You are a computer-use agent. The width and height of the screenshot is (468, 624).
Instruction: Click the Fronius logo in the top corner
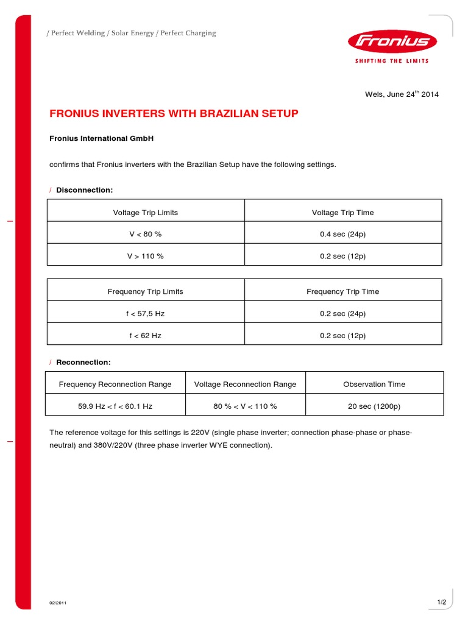pos(392,42)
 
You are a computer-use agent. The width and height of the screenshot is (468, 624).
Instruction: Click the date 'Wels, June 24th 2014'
pos(402,94)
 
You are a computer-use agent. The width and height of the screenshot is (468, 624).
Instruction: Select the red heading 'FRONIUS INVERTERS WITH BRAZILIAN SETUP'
pos(174,114)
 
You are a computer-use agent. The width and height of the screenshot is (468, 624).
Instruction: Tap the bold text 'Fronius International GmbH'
pos(101,138)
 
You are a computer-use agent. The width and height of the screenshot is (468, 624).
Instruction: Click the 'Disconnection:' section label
pos(85,190)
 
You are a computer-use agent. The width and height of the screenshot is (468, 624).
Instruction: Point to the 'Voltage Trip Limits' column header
pos(146,213)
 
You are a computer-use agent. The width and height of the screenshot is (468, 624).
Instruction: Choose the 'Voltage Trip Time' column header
pos(342,213)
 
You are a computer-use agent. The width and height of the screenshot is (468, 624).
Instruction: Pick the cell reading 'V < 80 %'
pos(146,234)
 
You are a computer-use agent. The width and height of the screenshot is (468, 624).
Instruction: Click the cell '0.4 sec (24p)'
pos(342,234)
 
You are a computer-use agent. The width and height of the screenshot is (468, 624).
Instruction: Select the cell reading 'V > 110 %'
pos(146,256)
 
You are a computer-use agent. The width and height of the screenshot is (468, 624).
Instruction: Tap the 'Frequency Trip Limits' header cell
pos(146,291)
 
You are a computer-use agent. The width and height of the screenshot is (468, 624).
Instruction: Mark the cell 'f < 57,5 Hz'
pos(146,314)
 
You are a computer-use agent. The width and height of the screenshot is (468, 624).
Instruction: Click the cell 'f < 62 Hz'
pos(146,336)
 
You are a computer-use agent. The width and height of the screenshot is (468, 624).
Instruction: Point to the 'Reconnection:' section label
pos(83,362)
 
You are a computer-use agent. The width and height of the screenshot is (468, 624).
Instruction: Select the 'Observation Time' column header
pos(374,384)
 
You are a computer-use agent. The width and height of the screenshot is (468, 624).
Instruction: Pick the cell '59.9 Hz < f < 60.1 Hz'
pos(115,406)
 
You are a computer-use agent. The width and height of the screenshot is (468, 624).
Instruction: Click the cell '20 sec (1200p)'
pos(374,406)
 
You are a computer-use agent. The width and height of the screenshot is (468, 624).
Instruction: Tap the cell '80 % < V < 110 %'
pos(245,406)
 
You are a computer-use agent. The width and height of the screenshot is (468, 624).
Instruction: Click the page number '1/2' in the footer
pos(442,603)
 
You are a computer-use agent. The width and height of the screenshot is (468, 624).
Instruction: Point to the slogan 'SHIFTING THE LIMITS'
pos(392,61)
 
